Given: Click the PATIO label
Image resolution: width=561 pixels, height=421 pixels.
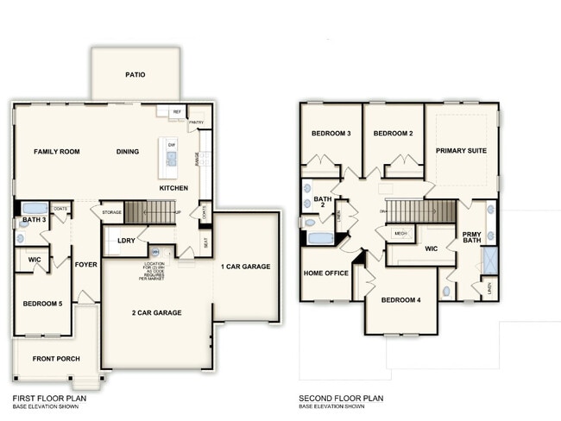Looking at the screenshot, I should (135, 75).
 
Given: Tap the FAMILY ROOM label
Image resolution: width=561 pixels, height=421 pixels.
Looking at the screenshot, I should (57, 152).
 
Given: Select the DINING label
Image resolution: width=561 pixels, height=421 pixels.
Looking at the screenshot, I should (128, 152).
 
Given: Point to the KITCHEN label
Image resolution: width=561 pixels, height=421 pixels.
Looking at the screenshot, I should (174, 187).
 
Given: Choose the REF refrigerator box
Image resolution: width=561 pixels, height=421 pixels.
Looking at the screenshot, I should (177, 112).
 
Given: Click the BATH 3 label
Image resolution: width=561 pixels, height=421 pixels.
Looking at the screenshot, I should (35, 220).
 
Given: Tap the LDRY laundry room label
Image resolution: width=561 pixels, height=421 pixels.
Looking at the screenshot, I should (125, 242).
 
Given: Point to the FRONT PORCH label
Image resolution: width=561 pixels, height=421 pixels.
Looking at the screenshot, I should (56, 358).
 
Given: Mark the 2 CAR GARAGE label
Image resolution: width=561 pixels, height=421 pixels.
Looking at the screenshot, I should (156, 312).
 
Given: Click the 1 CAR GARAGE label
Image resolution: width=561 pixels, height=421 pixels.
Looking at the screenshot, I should (245, 267).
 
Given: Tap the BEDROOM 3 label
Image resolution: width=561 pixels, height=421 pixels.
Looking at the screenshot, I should (331, 134).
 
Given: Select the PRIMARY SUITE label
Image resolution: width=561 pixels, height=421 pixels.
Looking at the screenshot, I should (461, 151).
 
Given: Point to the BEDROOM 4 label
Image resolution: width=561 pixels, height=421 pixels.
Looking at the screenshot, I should (400, 299).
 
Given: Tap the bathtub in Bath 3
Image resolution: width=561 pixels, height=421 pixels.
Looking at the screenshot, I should (35, 208).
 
